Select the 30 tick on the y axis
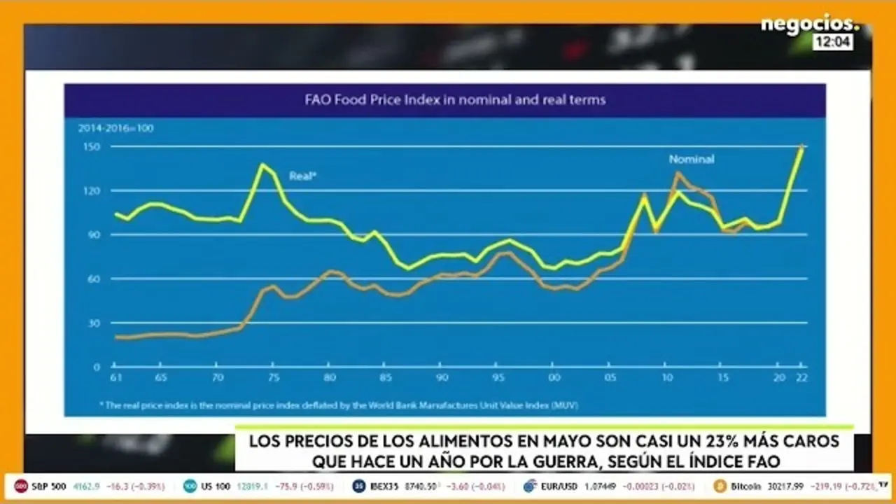(x=95, y=323)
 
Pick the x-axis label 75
(x=274, y=378)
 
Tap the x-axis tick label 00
(x=554, y=378)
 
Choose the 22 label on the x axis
(x=799, y=378)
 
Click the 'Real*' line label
(x=302, y=176)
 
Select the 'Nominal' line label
(x=691, y=160)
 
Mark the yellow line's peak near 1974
(x=262, y=164)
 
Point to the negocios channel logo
(x=808, y=25)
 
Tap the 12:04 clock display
(x=832, y=42)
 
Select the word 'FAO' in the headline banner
(x=761, y=461)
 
